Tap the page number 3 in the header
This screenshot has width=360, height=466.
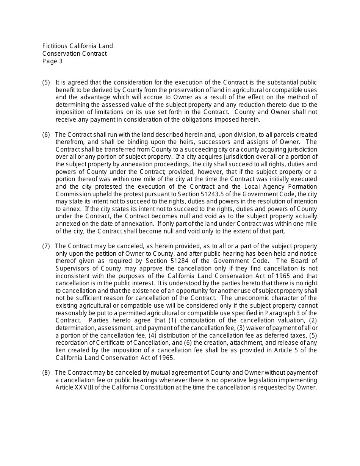point(61,61)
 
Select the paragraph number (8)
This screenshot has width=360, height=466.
point(46,373)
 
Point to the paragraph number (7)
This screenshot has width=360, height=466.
point(46,246)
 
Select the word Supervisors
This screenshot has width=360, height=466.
point(72,269)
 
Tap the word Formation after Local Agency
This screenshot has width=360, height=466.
point(304,187)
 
